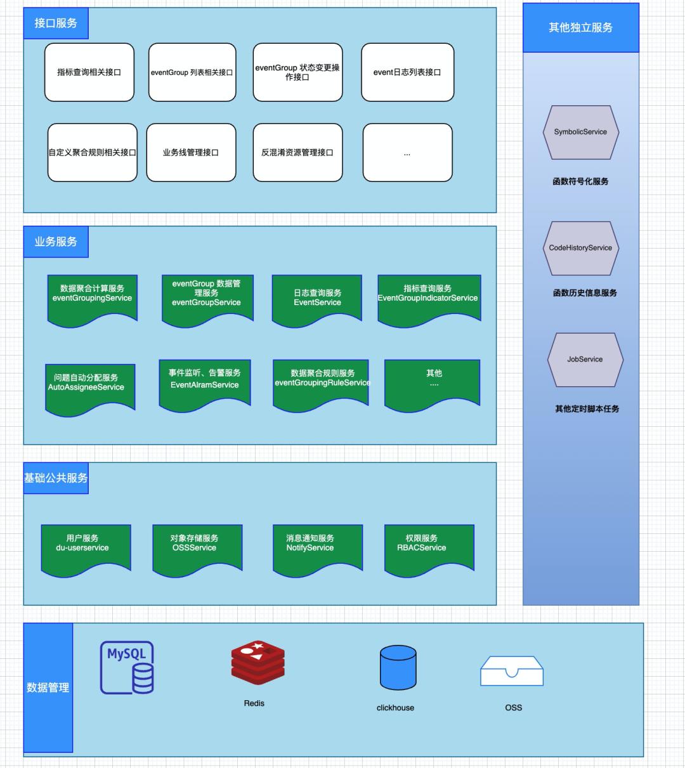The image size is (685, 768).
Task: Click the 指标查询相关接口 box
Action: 89,72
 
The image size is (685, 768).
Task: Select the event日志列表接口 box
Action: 407,72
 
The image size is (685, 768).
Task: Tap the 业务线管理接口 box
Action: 191,152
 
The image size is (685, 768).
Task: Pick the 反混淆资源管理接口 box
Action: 297,152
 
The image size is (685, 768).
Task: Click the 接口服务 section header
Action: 56,23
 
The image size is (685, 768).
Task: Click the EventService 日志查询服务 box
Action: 317,299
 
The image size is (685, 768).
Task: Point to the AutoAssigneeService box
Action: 90,384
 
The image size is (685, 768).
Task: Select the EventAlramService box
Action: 205,382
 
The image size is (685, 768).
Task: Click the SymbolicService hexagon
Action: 580,132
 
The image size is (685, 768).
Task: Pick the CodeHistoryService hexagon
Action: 580,248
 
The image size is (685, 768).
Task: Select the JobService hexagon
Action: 585,359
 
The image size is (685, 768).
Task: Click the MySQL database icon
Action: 127,667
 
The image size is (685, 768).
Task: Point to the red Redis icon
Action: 258,663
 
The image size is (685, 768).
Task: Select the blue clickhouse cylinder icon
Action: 398,667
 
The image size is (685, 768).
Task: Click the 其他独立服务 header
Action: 580,28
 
